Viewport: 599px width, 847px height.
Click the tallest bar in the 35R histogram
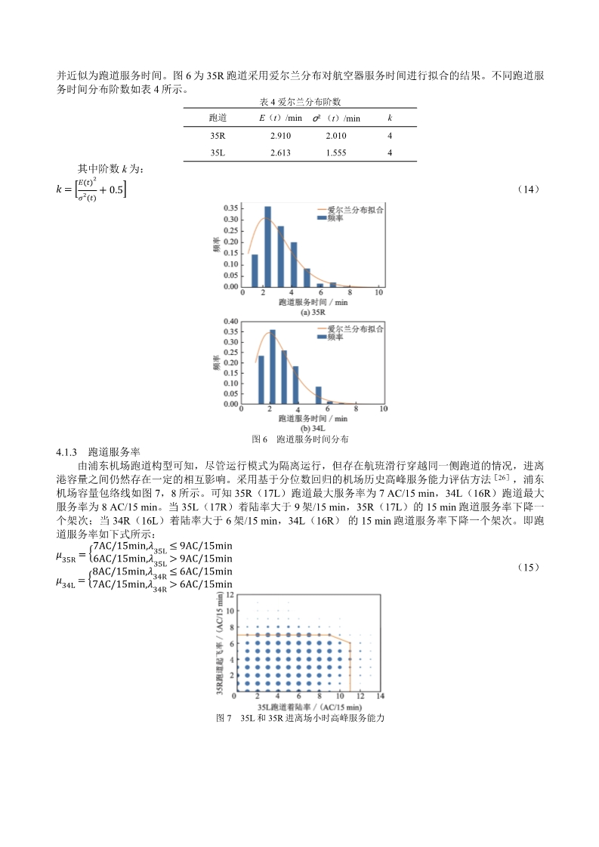click(x=267, y=247)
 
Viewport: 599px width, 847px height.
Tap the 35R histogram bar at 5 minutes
click(x=307, y=278)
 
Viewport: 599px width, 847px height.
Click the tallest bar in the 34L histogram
click(x=272, y=366)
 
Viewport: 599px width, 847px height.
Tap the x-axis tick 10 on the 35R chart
click(x=378, y=292)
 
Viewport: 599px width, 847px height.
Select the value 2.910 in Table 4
click(x=280, y=136)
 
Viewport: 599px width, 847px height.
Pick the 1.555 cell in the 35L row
click(x=336, y=152)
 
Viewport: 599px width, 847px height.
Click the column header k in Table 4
click(x=390, y=119)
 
